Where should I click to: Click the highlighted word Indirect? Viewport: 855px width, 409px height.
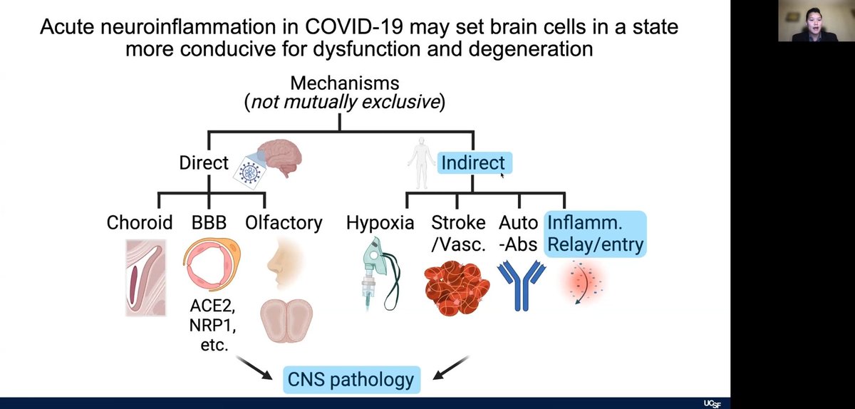click(x=472, y=162)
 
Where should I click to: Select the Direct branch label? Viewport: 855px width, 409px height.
click(x=204, y=162)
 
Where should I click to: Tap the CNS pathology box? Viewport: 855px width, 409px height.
click(x=351, y=378)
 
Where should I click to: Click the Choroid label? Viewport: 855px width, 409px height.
click(x=140, y=223)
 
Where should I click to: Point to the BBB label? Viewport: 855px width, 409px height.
click(x=209, y=223)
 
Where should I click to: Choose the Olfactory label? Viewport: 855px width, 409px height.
click(x=284, y=223)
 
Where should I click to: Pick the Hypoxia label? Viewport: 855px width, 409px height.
click(x=380, y=223)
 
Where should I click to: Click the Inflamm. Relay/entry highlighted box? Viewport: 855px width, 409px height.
click(x=595, y=234)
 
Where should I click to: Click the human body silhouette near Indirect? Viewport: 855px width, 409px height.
click(x=420, y=163)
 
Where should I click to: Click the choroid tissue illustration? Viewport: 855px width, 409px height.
click(x=145, y=276)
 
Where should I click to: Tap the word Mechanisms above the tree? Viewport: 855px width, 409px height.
click(x=344, y=82)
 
